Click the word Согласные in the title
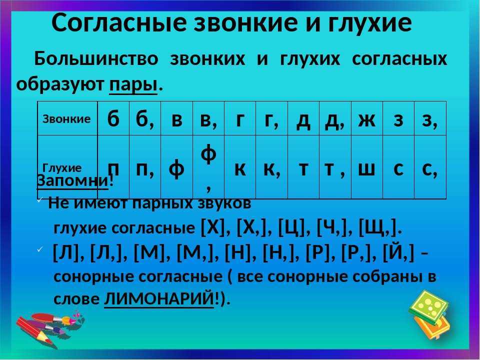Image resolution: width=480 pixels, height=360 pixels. [119, 22]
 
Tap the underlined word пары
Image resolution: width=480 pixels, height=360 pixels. [133, 84]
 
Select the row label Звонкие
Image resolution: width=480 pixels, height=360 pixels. [66, 119]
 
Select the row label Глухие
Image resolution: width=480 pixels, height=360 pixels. [62, 168]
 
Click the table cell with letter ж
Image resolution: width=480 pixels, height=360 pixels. [366, 119]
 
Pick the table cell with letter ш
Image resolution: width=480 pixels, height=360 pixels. [366, 167]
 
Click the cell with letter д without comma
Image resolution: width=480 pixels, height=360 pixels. [303, 119]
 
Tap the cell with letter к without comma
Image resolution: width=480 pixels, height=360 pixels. [240, 167]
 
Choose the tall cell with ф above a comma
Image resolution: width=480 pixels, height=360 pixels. [208, 167]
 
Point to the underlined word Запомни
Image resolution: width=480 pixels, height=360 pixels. [72, 180]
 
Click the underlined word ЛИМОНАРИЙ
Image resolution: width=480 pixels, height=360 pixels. [159, 298]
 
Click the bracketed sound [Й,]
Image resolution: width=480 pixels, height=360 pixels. [398, 253]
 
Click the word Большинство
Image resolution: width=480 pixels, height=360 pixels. [96, 58]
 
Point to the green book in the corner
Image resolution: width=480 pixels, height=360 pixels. [428, 307]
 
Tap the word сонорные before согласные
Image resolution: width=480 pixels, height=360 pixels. [93, 276]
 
